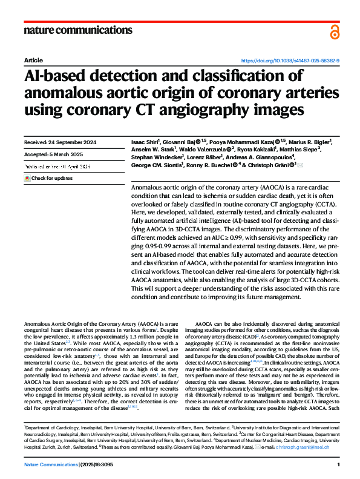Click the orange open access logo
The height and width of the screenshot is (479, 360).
pos(335,31)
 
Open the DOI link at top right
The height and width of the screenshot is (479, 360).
pos(290,61)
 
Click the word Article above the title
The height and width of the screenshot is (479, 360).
pos(33,61)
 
